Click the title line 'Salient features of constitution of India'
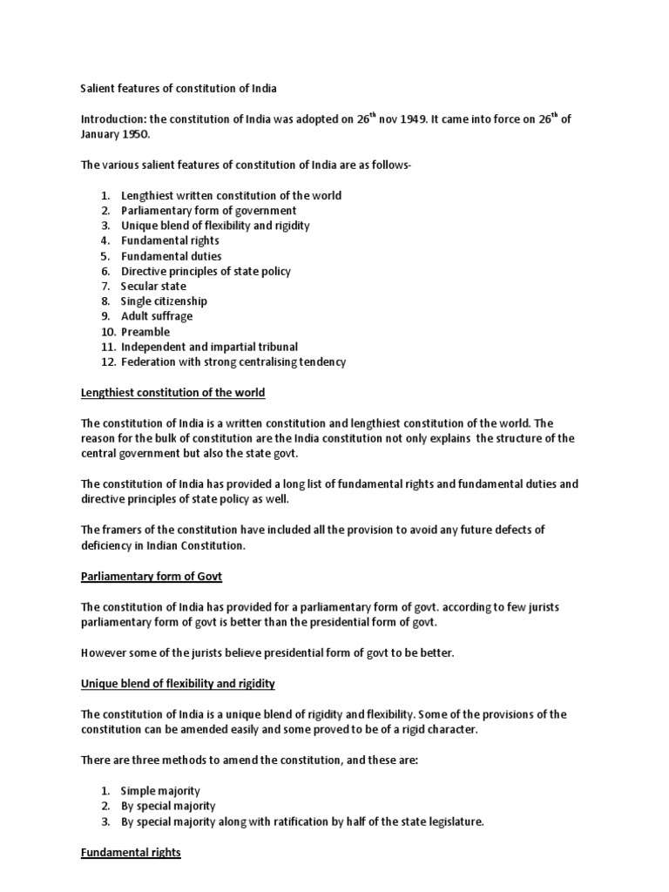tap(178, 89)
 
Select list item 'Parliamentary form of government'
tap(208, 211)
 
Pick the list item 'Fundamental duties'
tap(171, 256)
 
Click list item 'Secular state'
tap(153, 286)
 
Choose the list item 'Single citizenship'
tap(164, 301)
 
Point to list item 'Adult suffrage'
tap(157, 316)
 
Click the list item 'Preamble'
tap(145, 332)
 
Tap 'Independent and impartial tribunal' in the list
tap(209, 347)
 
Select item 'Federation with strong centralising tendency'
tap(233, 362)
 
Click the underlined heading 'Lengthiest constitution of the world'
tap(172, 393)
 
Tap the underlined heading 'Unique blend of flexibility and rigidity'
tap(178, 683)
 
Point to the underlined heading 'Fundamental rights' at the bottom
tap(131, 853)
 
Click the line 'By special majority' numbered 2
tap(168, 806)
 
